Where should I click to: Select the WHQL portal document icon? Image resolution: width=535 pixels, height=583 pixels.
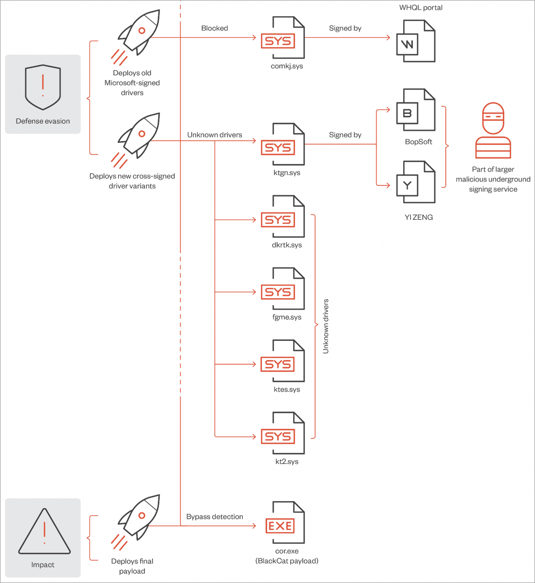(x=416, y=42)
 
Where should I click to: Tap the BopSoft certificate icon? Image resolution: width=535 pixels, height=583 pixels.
(x=416, y=110)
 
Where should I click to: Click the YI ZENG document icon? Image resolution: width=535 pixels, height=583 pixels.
(x=416, y=182)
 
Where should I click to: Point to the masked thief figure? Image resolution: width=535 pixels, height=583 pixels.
(x=493, y=131)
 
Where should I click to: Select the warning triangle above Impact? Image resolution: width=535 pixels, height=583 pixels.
(x=44, y=532)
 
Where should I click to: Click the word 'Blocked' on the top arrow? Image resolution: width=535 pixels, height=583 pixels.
(x=214, y=28)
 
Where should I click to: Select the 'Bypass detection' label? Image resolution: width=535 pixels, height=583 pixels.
(x=214, y=517)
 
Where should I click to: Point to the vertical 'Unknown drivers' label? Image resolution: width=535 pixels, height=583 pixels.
(x=326, y=326)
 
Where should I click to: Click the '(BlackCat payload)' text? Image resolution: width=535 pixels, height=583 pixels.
(x=287, y=561)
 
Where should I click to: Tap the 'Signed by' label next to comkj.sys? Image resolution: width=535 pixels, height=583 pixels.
(x=345, y=28)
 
